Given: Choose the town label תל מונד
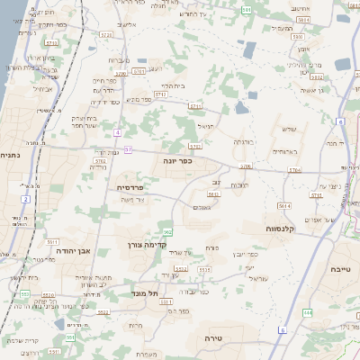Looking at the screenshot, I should click(145, 294).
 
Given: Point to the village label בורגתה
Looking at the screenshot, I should click(245, 142).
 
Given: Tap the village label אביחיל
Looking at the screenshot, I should click(42, 88).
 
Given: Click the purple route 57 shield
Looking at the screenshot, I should click(129, 149).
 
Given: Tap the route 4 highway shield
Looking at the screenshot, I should click(117, 133).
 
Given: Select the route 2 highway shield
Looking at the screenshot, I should click(26, 198).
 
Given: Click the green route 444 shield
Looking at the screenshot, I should click(307, 312).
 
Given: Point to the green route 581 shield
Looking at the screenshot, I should click(247, 9).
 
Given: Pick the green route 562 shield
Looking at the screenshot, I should click(167, 232).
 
